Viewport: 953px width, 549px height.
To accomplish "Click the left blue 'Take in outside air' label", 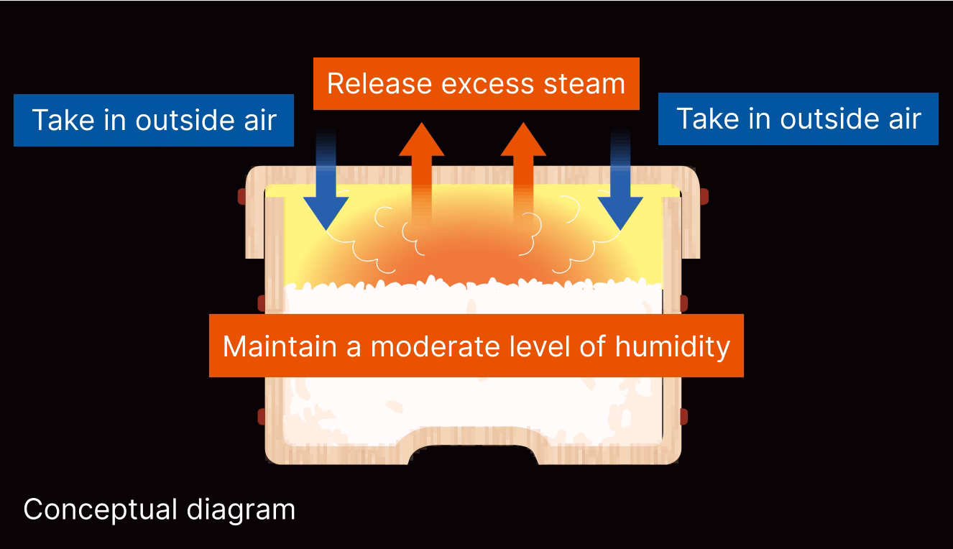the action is pos(154,120).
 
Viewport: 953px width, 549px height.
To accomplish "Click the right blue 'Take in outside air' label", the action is pos(798,119).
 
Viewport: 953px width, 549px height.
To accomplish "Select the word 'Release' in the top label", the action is pos(379,83).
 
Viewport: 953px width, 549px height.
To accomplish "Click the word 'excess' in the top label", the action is pos(488,84).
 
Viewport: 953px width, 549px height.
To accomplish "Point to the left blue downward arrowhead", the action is pos(326,213).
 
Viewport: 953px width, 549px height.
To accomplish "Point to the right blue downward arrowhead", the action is pos(620,213).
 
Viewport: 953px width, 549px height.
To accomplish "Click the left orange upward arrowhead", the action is pos(422,139).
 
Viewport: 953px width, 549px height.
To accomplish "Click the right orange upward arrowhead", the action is pos(523,139).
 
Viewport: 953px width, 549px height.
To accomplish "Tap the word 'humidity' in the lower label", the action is pos(673,347).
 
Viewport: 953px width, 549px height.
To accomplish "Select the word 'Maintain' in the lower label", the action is pos(280,346).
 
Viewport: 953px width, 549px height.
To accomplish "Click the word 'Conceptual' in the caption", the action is pos(101,510).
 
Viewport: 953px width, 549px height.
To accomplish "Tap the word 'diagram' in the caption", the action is pos(241,510).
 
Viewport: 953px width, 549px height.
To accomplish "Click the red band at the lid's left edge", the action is pos(242,196).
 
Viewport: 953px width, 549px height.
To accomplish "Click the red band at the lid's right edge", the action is pos(704,196).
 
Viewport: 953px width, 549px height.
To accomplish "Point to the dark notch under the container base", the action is pos(473,455).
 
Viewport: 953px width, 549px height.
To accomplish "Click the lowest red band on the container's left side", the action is pos(262,417).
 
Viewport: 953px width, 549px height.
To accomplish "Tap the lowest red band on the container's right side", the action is pos(684,417).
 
